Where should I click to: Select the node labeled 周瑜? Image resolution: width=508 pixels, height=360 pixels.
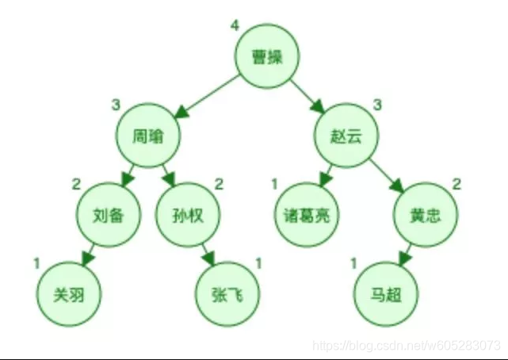(x=148, y=136)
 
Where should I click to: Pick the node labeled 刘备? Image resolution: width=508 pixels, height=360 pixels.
(x=107, y=215)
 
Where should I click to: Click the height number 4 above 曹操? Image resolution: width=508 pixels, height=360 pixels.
(x=235, y=25)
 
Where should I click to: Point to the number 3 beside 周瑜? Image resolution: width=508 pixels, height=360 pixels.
(x=116, y=105)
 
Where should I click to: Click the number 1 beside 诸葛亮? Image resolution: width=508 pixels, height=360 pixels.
(x=275, y=185)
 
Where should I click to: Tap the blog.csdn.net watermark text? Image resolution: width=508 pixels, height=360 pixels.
(x=407, y=346)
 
